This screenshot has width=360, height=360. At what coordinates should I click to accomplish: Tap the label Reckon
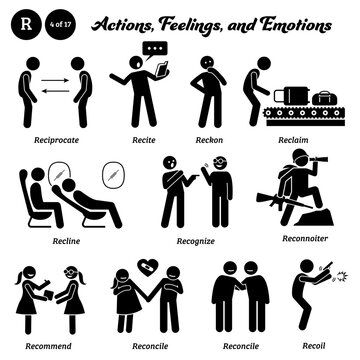point(210,127)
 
